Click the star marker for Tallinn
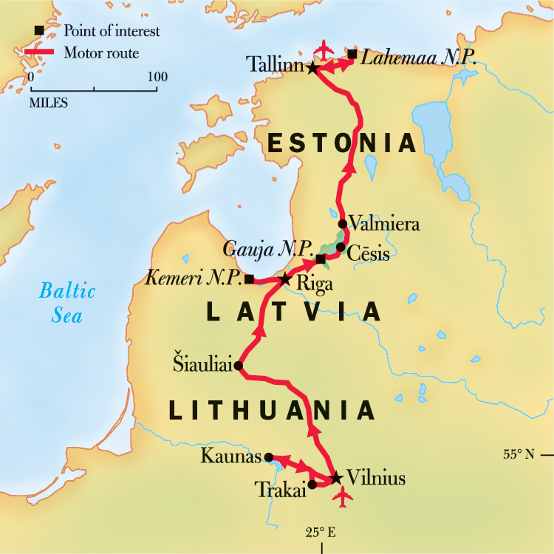[313, 68]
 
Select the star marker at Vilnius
[336, 478]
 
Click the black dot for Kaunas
[269, 457]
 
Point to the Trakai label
[279, 488]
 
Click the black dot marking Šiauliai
[238, 365]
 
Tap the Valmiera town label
[383, 223]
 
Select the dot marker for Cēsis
[340, 247]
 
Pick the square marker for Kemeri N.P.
[250, 279]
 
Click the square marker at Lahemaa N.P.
[352, 54]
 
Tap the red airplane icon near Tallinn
[323, 49]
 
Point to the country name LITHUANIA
[270, 410]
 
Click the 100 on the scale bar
[157, 77]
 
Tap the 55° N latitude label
[518, 454]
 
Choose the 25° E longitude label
[322, 532]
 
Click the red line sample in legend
[44, 52]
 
